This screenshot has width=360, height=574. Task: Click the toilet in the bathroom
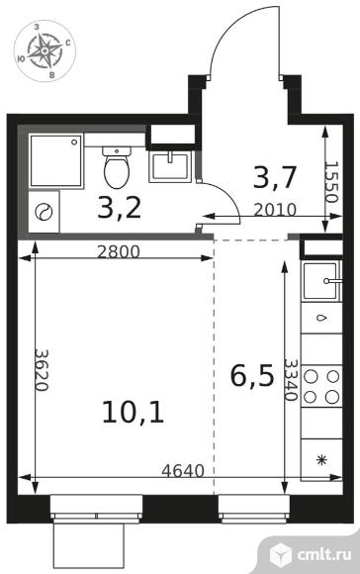click(117, 167)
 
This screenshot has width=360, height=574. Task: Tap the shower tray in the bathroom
click(56, 160)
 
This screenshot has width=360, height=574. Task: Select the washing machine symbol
click(44, 212)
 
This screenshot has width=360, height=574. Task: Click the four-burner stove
click(321, 387)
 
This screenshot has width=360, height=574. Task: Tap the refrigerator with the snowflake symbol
click(321, 460)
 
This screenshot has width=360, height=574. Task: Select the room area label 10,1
click(134, 413)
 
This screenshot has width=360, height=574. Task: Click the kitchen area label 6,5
click(252, 377)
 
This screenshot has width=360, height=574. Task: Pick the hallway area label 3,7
click(274, 178)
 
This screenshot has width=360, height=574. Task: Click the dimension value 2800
click(119, 251)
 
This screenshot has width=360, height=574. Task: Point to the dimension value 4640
click(183, 471)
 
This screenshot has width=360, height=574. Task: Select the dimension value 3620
click(41, 370)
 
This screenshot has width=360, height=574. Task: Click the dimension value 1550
click(330, 182)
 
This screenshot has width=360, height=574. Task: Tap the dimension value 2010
click(275, 210)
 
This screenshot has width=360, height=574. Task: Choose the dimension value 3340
click(291, 380)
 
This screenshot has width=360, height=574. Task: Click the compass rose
click(45, 50)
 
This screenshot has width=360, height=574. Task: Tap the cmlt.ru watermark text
click(324, 554)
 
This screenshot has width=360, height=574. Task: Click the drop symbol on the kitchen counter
click(321, 318)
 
